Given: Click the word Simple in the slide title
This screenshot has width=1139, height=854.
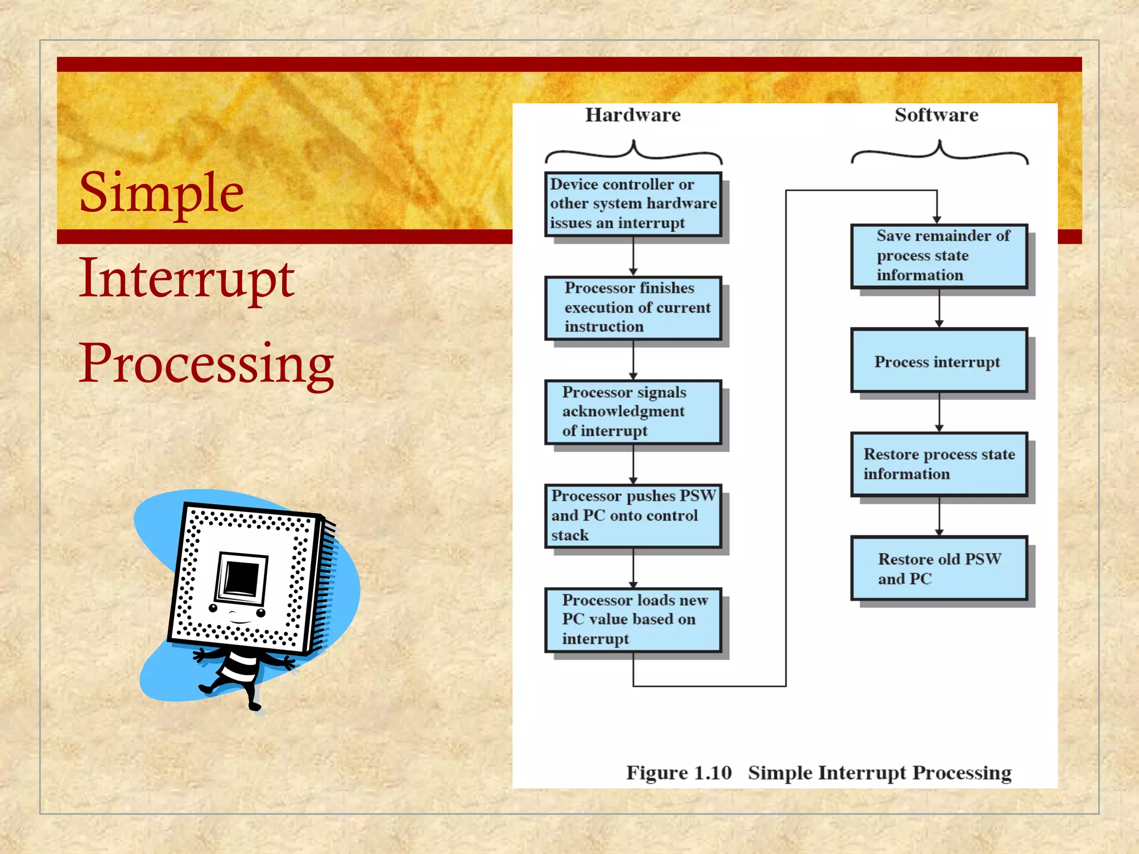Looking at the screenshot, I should point(161,193).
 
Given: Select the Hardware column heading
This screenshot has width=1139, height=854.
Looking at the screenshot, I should point(633,115).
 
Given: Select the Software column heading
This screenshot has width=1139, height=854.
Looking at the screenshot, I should point(937,115).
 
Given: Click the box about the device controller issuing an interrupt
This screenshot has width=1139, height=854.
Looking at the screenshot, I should point(633,204).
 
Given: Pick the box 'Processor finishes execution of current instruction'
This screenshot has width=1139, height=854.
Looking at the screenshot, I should point(633,307).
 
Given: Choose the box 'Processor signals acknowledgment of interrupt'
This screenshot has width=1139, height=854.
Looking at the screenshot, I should point(633,411).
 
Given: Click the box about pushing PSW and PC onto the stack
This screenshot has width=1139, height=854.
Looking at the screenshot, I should point(633,515).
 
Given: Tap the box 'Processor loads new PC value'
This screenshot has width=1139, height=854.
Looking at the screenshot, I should point(633,619).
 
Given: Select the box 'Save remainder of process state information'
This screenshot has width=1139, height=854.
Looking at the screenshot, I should point(939,256).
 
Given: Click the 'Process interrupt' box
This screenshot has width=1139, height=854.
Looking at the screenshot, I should point(939,361).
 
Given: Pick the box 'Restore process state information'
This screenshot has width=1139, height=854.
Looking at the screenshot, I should point(939,464).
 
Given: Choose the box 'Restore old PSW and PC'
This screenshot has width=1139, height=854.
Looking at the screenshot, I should point(939,568).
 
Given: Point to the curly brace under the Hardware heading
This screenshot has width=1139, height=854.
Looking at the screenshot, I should point(633,152).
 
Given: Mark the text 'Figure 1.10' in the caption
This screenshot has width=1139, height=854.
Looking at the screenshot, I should point(679,773).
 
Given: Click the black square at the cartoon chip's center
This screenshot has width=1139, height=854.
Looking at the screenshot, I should point(242,578).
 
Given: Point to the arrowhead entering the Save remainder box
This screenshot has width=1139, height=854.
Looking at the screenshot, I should point(937,220).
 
